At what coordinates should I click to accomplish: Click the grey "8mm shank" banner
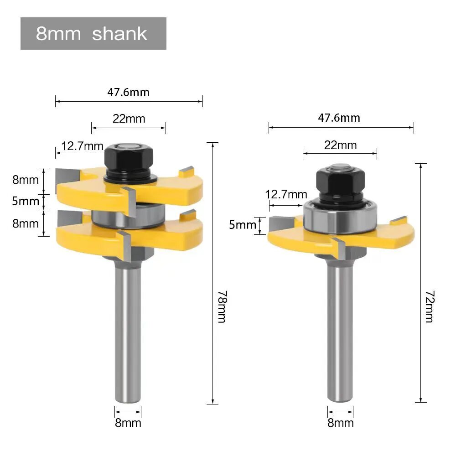[x=93, y=33]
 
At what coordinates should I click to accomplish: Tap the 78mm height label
[x=223, y=306]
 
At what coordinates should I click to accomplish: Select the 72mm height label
[x=430, y=306]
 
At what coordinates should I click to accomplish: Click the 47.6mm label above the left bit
[x=128, y=93]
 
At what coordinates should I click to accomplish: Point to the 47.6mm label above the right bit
[x=339, y=118]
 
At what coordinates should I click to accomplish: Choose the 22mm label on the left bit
[x=129, y=119]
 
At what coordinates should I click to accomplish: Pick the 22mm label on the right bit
[x=340, y=145]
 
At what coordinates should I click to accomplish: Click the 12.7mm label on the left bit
[x=82, y=146]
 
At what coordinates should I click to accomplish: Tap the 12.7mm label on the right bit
[x=286, y=194]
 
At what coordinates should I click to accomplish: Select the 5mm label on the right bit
[x=243, y=225]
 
